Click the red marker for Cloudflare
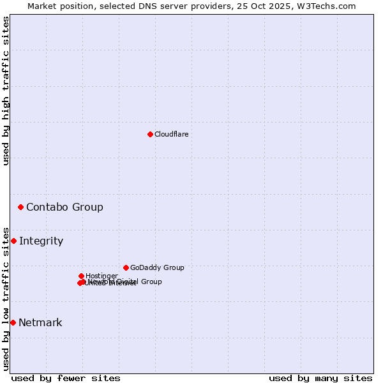(150, 134)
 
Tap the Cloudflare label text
(171, 134)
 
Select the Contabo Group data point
(20, 207)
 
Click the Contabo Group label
(64, 207)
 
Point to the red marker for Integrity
(13, 241)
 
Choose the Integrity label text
(41, 241)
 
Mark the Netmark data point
(13, 322)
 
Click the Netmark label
(40, 322)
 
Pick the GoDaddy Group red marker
(126, 267)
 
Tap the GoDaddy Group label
(157, 267)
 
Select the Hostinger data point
(81, 276)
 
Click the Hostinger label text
(101, 276)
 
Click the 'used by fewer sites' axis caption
(66, 378)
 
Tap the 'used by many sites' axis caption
(320, 378)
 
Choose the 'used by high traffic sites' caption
(6, 91)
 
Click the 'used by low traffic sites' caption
(6, 298)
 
